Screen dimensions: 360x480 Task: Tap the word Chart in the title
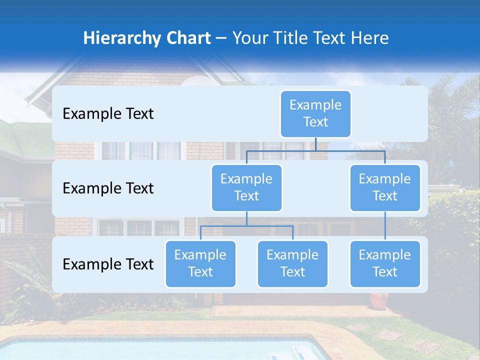(186, 38)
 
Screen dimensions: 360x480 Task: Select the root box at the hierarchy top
(315, 114)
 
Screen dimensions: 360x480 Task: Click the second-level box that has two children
(246, 188)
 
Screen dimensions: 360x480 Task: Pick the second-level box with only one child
(385, 188)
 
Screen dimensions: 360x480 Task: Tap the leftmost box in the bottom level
(200, 264)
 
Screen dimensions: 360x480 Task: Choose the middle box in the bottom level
(292, 264)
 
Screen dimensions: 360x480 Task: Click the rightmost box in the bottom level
(385, 264)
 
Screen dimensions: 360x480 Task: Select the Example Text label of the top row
(108, 114)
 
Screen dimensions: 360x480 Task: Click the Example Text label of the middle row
(108, 188)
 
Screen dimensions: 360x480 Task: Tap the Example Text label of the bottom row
(108, 264)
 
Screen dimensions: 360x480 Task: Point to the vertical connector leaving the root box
(315, 144)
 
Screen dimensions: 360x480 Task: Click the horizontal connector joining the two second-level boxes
(315, 150)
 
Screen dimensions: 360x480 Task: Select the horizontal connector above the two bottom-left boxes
(246, 226)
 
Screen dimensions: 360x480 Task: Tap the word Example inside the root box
(315, 105)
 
